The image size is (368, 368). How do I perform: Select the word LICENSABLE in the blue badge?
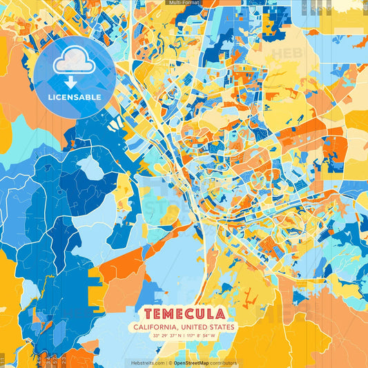click(74, 97)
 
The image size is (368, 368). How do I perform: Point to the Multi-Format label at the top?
click(184, 3)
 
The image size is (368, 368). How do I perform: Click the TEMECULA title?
click(184, 313)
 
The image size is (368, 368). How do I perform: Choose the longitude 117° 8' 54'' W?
click(201, 336)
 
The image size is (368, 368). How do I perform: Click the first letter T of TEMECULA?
click(140, 313)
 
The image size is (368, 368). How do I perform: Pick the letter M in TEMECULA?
click(166, 313)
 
